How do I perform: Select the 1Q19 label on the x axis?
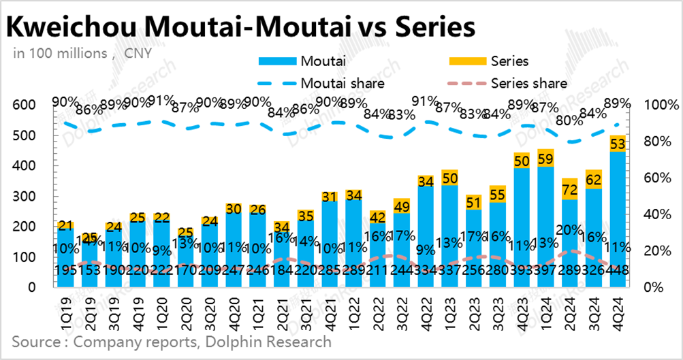(x=65, y=310)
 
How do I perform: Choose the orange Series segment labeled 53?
(x=618, y=144)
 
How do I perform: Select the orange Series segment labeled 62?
(x=593, y=180)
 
